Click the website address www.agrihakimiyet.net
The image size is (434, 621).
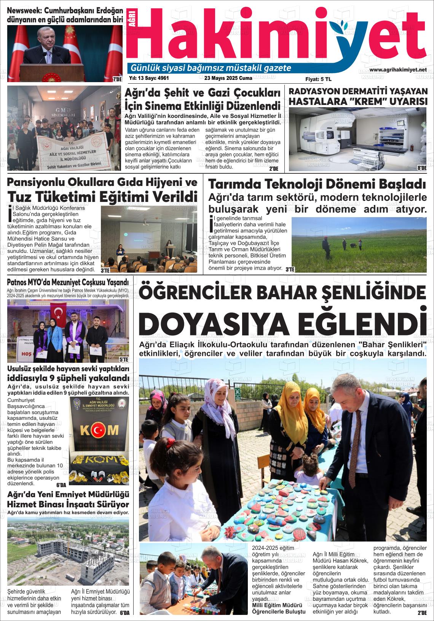(x=398, y=70)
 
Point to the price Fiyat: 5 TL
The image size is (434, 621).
(x=318, y=79)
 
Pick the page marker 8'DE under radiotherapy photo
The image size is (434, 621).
(x=421, y=168)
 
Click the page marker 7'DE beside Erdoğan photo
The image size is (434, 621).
(x=117, y=79)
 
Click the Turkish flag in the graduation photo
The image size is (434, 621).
(x=59, y=312)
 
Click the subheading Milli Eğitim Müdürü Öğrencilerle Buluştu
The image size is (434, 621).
(x=279, y=608)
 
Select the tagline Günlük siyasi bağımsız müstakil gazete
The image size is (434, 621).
(x=211, y=68)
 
